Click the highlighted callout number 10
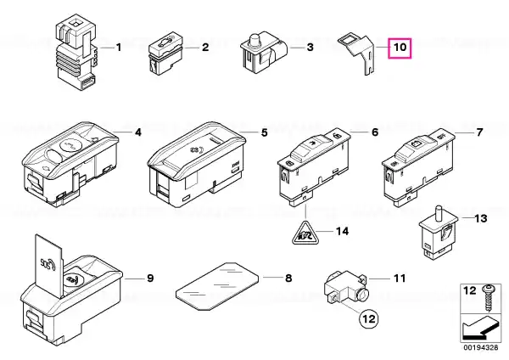pos(400,48)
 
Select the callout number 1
pos(119,48)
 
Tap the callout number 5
pos(265,132)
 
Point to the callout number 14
pos(342,231)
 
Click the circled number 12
pos(369,318)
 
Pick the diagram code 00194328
pos(481,347)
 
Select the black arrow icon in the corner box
pos(479,329)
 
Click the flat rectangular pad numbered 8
pos(217,285)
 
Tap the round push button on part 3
pos(255,41)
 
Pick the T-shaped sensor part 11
pos(346,287)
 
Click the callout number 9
pos(150,278)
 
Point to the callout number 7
pos(479,132)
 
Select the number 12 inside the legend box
pos(469,290)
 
